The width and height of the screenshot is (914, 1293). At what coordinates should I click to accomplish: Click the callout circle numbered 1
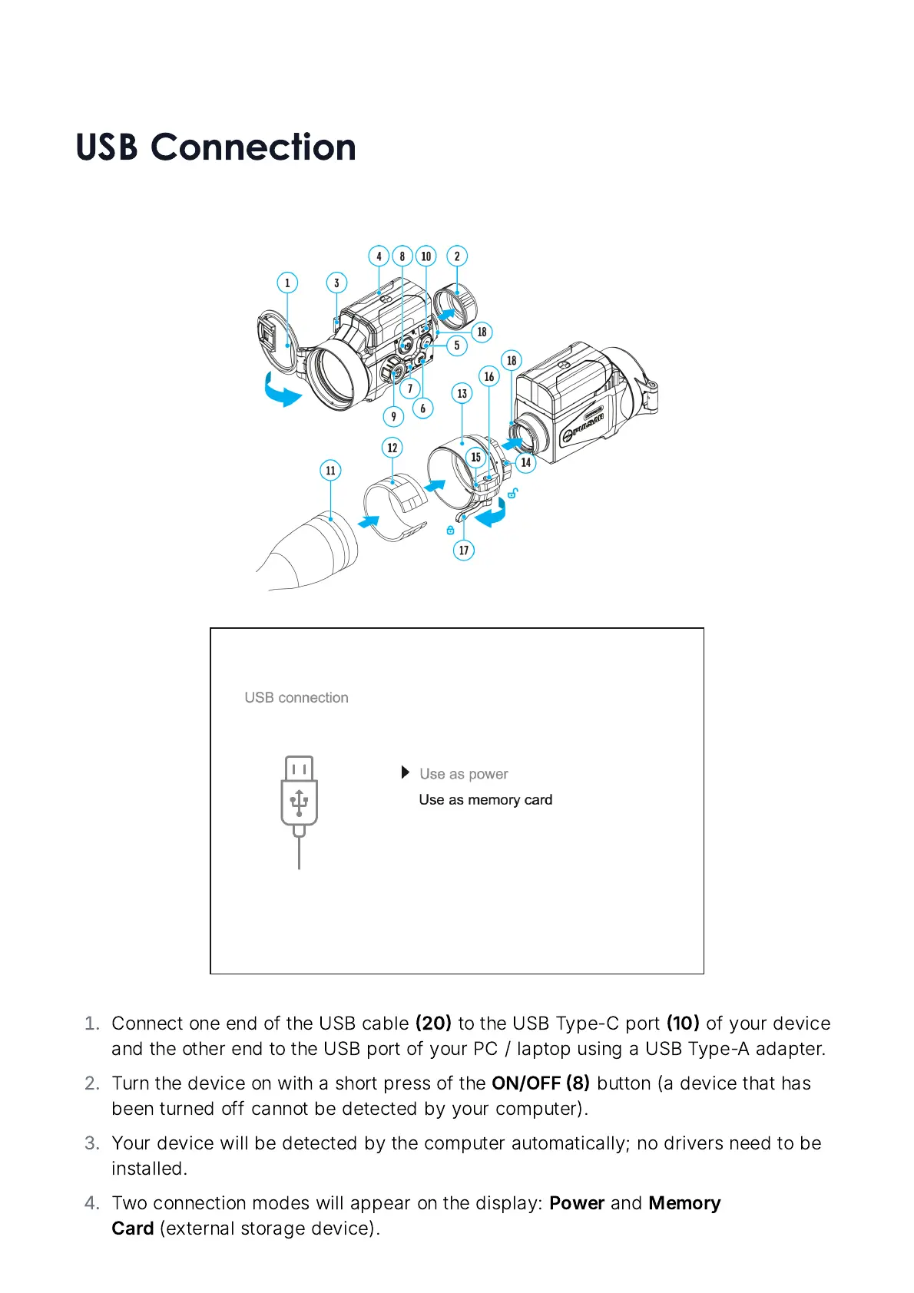(287, 283)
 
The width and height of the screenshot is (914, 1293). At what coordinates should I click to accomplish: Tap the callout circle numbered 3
(336, 283)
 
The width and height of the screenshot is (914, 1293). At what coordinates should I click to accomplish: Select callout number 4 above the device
(379, 256)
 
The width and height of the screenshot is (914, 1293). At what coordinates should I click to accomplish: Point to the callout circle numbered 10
(426, 256)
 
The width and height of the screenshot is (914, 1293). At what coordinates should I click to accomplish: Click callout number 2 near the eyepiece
(457, 256)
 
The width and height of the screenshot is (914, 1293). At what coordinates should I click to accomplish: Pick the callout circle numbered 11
(330, 471)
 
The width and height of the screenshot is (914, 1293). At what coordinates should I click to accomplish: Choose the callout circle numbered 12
(392, 448)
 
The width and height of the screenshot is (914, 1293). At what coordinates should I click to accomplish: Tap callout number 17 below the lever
(464, 550)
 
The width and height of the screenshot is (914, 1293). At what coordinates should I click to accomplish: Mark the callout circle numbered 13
(462, 394)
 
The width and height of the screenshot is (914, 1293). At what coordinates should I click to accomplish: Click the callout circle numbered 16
(489, 376)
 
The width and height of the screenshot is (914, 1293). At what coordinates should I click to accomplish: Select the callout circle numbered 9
(393, 417)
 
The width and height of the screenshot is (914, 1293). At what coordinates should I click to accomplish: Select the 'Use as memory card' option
(485, 800)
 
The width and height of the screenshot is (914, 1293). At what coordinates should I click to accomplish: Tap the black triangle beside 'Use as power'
(406, 772)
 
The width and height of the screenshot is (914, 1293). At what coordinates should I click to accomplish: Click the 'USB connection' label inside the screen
(296, 698)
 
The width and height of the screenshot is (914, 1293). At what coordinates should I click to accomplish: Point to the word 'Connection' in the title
(253, 147)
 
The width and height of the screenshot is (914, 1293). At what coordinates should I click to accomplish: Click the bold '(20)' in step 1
(433, 1023)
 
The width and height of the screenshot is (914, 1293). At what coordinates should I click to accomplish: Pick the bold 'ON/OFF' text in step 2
(526, 1083)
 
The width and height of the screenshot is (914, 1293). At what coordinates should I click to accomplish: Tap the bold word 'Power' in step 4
(576, 1203)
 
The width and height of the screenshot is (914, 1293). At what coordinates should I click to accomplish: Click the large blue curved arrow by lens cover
(281, 391)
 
